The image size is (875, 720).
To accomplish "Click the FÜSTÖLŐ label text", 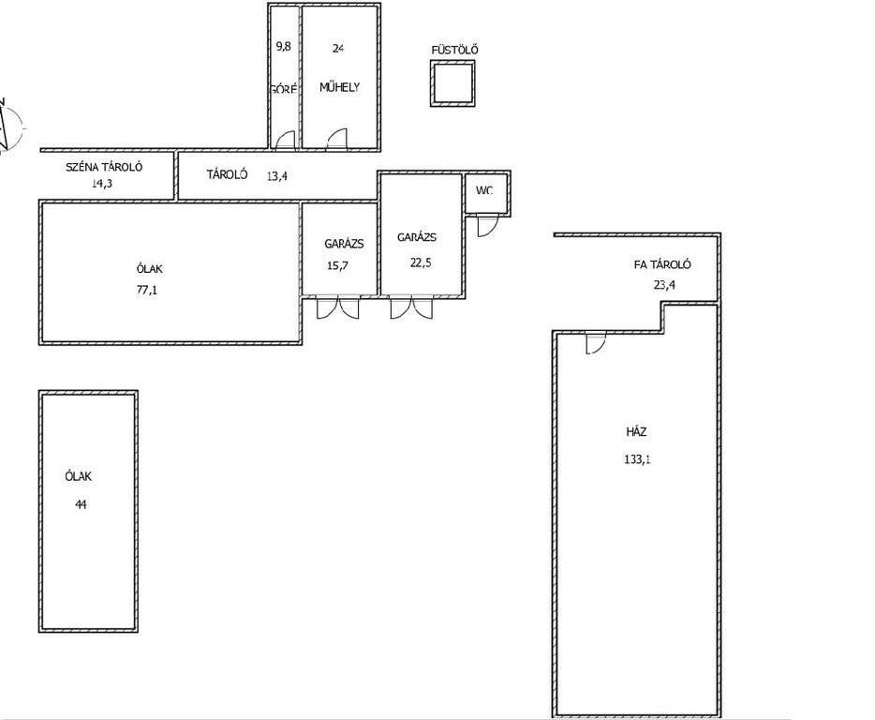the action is click(454, 50).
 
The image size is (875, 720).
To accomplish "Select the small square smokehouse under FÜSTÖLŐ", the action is click(452, 83).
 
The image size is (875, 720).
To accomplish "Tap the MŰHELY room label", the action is click(339, 87).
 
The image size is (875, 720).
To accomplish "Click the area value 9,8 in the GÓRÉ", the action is click(284, 46).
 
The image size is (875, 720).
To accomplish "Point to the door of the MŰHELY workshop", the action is click(336, 139).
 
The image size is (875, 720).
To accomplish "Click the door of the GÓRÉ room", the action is click(285, 140).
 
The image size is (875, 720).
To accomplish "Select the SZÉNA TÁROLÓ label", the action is click(104, 167).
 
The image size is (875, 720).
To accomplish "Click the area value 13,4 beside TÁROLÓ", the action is click(276, 176).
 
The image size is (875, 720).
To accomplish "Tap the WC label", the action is click(484, 190).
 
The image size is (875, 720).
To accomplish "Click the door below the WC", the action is click(486, 226).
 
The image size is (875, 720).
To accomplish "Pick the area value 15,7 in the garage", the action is click(337, 265).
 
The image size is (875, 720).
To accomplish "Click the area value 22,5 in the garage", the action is click(421, 262).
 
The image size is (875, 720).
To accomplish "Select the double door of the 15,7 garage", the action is click(338, 307).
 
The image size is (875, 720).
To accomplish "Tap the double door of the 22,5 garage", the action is click(411, 307).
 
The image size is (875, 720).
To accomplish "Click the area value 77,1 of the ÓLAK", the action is click(147, 290).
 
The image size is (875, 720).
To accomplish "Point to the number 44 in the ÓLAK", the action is click(81, 504).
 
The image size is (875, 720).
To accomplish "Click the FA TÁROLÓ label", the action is click(662, 264).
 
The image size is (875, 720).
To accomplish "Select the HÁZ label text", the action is click(636, 432).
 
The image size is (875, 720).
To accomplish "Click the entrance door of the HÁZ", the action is click(596, 342).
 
